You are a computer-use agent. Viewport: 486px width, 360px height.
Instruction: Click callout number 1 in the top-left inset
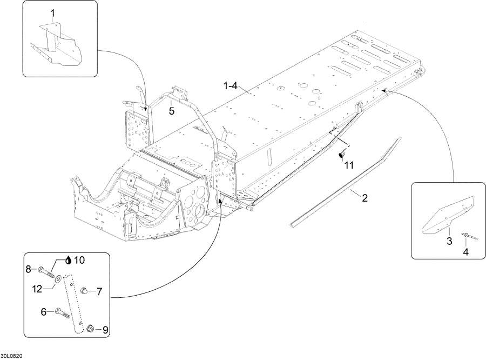coord(53,14)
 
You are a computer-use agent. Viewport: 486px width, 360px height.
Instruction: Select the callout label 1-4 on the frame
coord(230,85)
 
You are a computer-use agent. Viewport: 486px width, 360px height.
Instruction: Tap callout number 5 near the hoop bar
coord(172,111)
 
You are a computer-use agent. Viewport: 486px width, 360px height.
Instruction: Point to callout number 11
coord(349,165)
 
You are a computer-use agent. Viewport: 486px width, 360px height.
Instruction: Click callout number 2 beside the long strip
coord(365,198)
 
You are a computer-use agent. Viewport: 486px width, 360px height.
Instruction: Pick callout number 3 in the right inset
coord(449,241)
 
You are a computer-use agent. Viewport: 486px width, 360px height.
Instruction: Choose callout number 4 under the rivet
coord(465,252)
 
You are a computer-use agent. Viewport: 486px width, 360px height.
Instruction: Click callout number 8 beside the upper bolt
coord(29,269)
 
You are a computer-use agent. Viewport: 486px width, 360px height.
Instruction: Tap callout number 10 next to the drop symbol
coord(79,260)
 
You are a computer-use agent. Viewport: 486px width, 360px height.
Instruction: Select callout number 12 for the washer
coord(37,289)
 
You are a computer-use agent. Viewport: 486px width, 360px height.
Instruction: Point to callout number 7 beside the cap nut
coord(99,291)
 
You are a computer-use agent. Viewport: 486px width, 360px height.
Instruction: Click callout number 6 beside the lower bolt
coord(44,311)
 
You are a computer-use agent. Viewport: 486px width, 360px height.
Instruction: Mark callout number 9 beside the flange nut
coord(105,330)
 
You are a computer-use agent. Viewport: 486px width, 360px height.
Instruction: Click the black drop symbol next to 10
coord(69,260)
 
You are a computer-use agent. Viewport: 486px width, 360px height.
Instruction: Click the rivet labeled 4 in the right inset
coord(469,236)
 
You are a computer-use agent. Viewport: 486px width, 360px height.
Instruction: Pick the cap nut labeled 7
coord(83,290)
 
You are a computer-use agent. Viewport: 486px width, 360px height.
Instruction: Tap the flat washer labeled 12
coord(58,280)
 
